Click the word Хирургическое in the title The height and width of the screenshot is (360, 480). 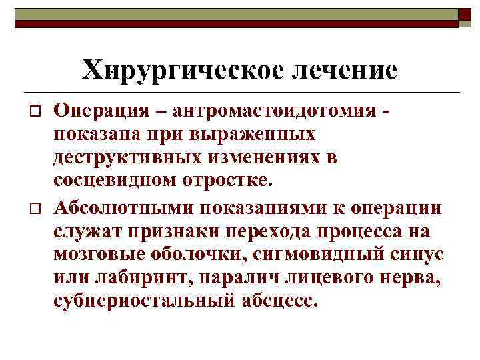coord(173,69)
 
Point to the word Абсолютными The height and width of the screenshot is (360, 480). coord(125,207)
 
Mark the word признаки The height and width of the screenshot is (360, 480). coord(174,231)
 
